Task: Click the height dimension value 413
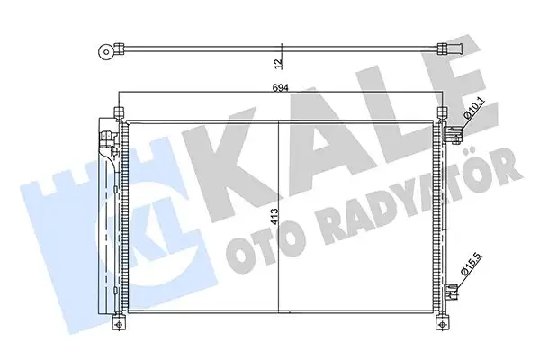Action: click(279, 219)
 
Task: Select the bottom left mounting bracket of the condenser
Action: click(118, 320)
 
